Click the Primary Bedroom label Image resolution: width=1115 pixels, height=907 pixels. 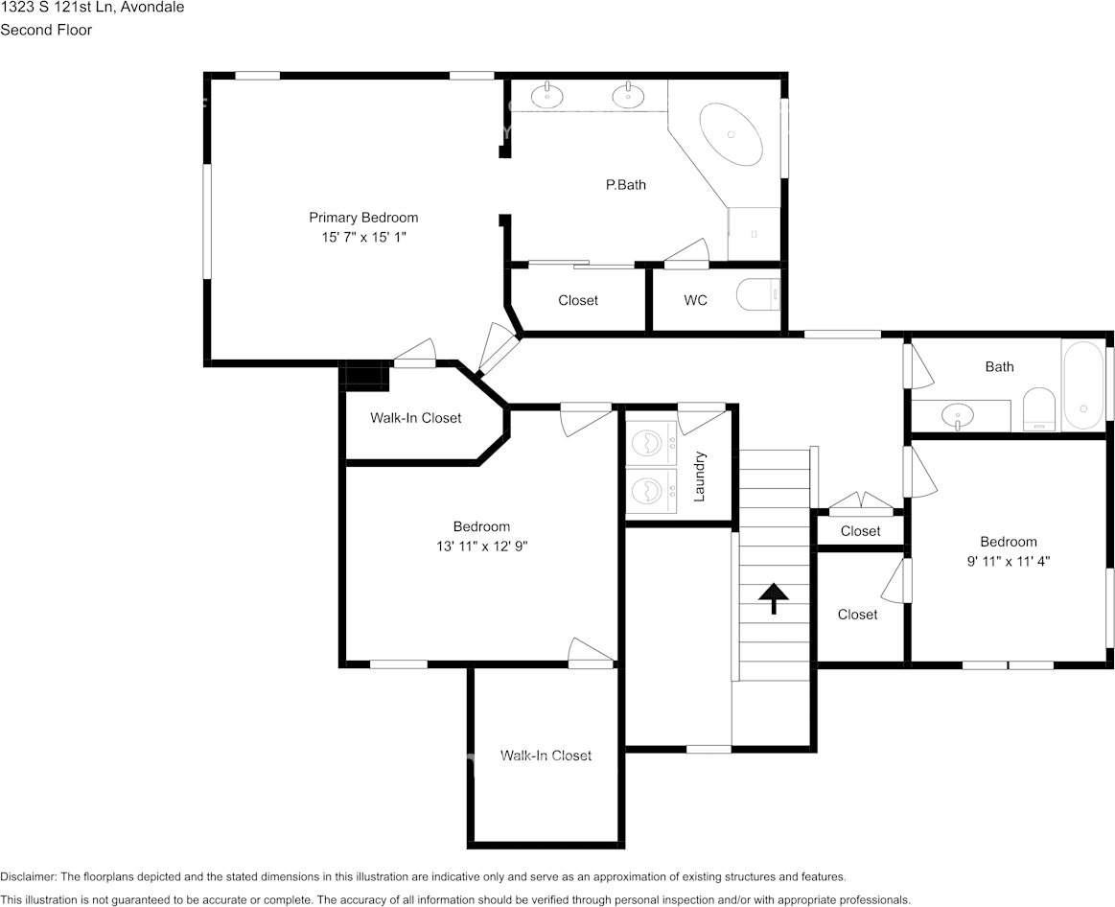click(x=363, y=218)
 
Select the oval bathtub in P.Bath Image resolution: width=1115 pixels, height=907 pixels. click(x=731, y=134)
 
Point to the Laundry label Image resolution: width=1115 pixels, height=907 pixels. click(x=699, y=476)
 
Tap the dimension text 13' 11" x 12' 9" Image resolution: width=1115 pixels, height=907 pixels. click(x=482, y=547)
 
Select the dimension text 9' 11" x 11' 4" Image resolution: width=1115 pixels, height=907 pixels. click(x=1009, y=561)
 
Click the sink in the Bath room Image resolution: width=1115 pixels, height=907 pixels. click(x=959, y=415)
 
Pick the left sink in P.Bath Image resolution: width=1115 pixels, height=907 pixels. click(x=546, y=94)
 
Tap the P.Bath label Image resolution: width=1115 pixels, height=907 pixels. click(x=626, y=185)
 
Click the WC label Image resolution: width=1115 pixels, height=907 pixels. click(x=695, y=300)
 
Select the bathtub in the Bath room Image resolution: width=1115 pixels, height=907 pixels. click(x=1083, y=384)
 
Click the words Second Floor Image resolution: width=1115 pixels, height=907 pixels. click(x=46, y=30)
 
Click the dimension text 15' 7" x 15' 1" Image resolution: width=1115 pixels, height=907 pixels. click(x=363, y=237)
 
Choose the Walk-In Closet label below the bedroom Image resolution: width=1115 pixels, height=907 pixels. click(x=546, y=756)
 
